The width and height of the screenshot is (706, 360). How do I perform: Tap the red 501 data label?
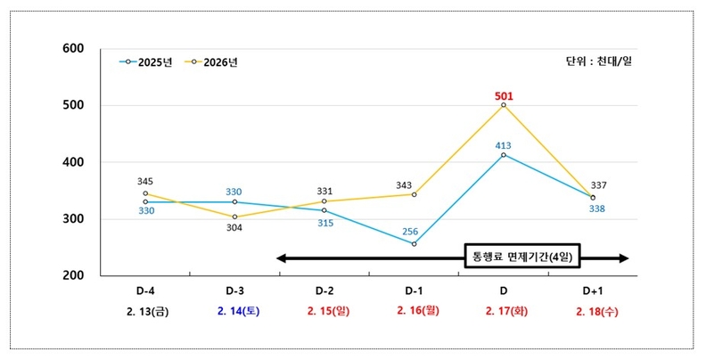click(x=504, y=96)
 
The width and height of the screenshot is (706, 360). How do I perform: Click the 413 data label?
click(x=504, y=144)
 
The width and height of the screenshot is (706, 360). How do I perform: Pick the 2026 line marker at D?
click(x=504, y=105)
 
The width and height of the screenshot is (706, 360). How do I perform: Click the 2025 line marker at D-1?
click(x=414, y=244)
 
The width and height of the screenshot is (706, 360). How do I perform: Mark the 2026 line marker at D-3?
click(x=234, y=217)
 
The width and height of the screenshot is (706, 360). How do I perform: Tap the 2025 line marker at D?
click(x=504, y=155)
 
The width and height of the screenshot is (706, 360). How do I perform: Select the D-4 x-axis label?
click(x=145, y=291)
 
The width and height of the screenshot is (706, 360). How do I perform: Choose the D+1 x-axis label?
click(x=594, y=291)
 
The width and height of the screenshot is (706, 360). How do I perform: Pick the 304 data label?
click(x=234, y=227)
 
